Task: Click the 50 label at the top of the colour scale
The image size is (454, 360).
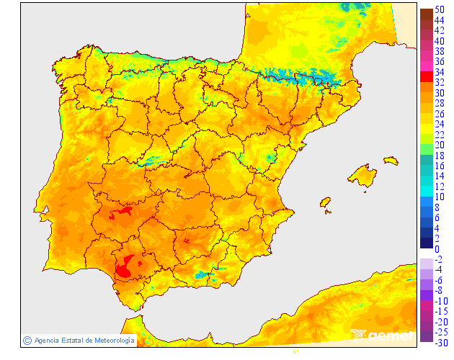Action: click(439, 10)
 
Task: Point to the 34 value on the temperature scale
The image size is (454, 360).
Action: click(439, 73)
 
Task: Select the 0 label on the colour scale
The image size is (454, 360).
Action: click(437, 249)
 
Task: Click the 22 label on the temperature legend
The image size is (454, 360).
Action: click(439, 135)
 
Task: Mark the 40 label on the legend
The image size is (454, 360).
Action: click(439, 41)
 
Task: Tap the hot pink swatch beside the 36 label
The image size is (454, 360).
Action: click(426, 66)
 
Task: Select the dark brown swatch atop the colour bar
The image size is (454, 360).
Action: click(426, 14)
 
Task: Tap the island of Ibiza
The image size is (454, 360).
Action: click(324, 202)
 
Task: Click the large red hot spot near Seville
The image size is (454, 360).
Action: click(126, 266)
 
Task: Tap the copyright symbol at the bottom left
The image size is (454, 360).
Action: click(27, 340)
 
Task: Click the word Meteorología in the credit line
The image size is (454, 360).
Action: click(110, 340)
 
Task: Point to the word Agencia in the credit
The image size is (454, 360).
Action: click(46, 340)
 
